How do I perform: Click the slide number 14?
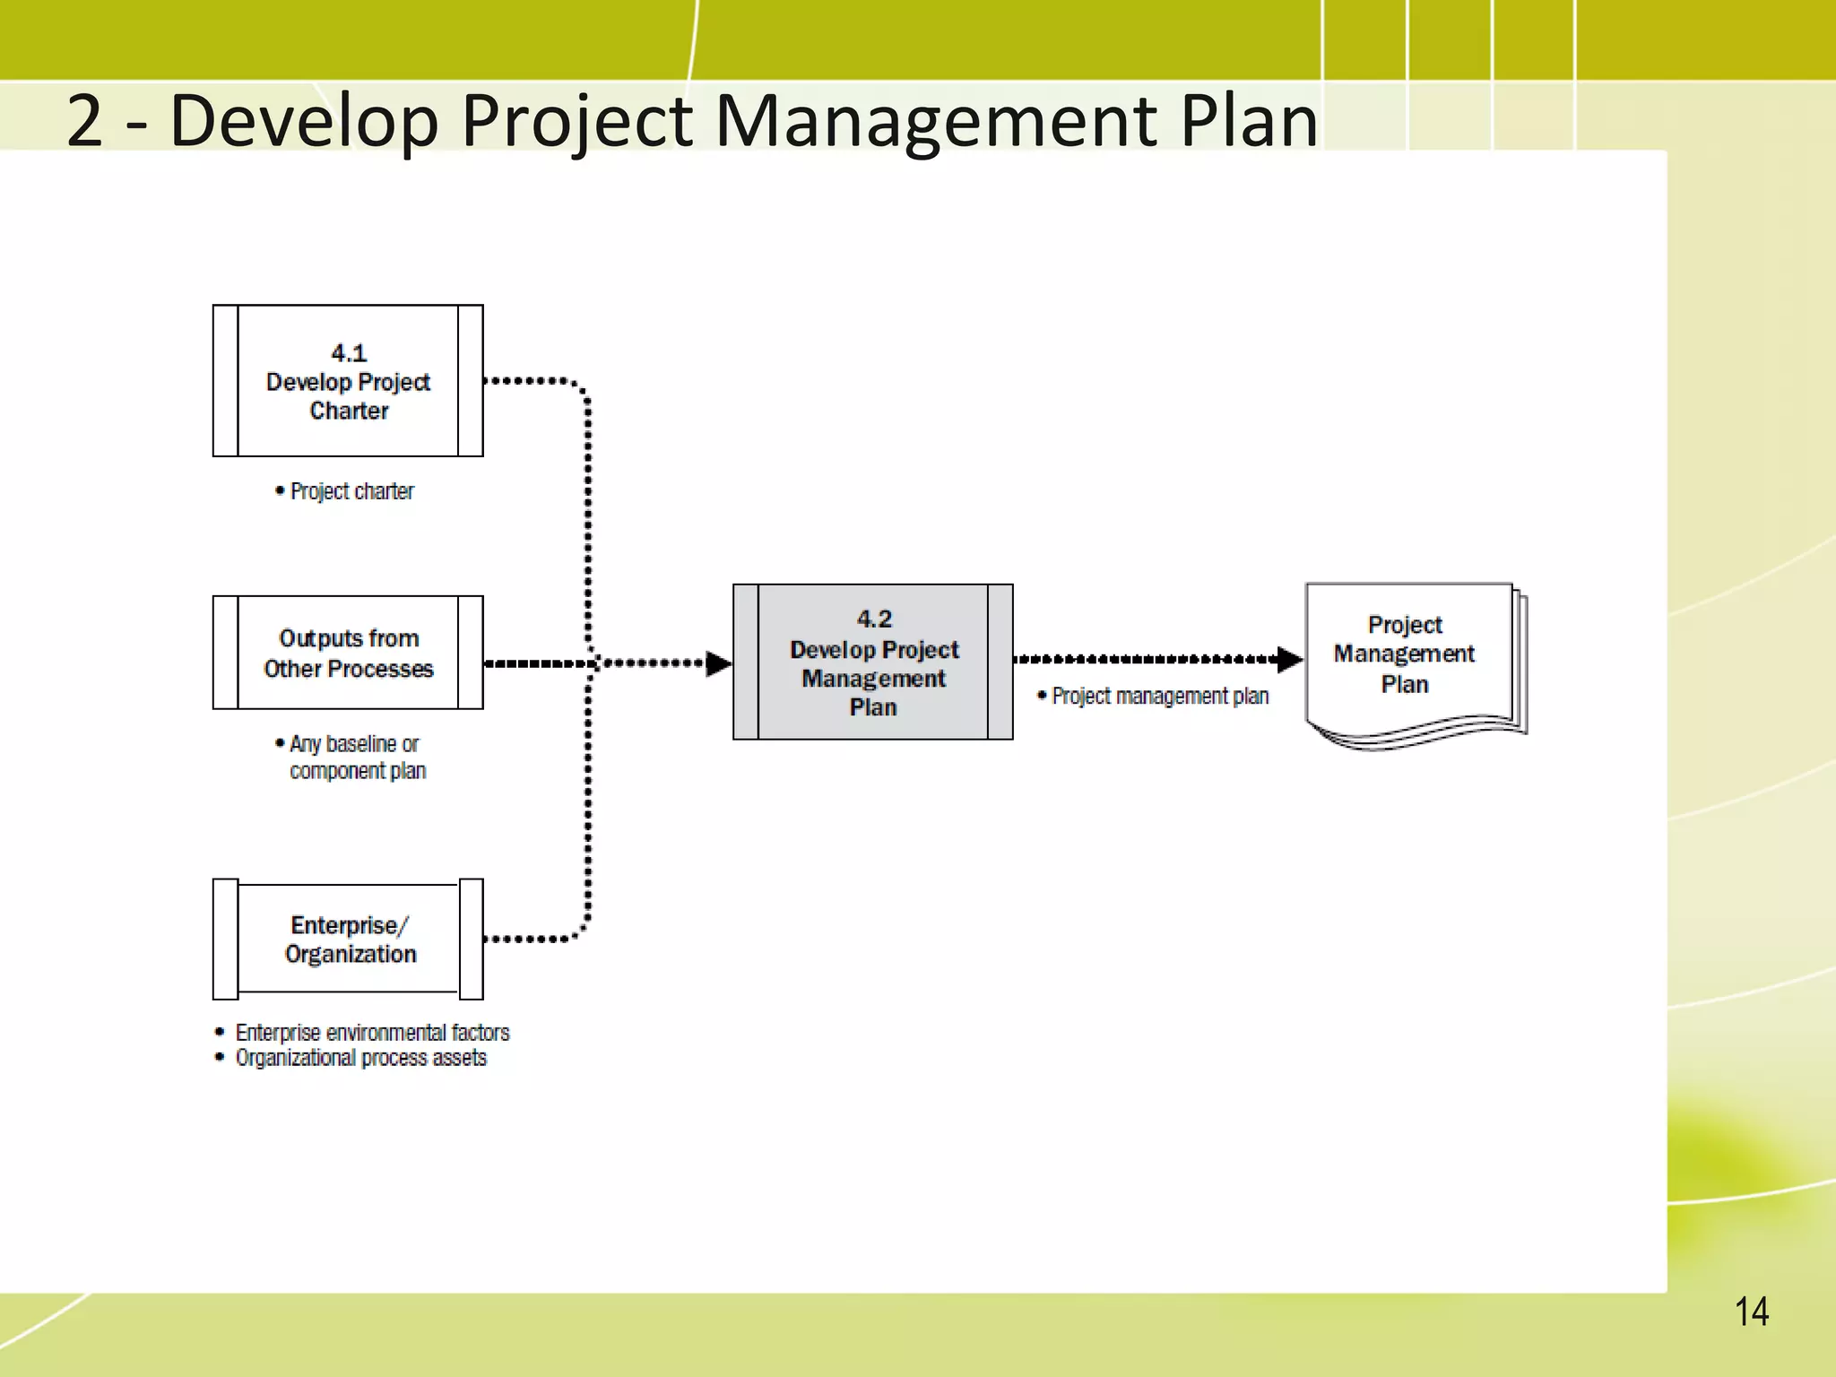[1751, 1312]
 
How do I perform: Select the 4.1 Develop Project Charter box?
[348, 381]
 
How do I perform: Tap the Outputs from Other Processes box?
[348, 653]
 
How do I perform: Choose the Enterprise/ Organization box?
[348, 939]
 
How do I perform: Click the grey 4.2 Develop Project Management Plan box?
[872, 663]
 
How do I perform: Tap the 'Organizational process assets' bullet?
[360, 1059]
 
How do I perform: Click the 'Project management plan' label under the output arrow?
[1160, 697]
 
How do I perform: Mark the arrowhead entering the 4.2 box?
[718, 663]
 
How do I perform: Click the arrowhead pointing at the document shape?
[1289, 660]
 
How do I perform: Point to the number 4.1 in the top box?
[349, 353]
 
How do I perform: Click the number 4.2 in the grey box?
[874, 619]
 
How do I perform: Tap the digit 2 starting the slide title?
[85, 122]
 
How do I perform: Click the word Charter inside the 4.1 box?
[349, 411]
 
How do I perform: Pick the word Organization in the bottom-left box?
[351, 955]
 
